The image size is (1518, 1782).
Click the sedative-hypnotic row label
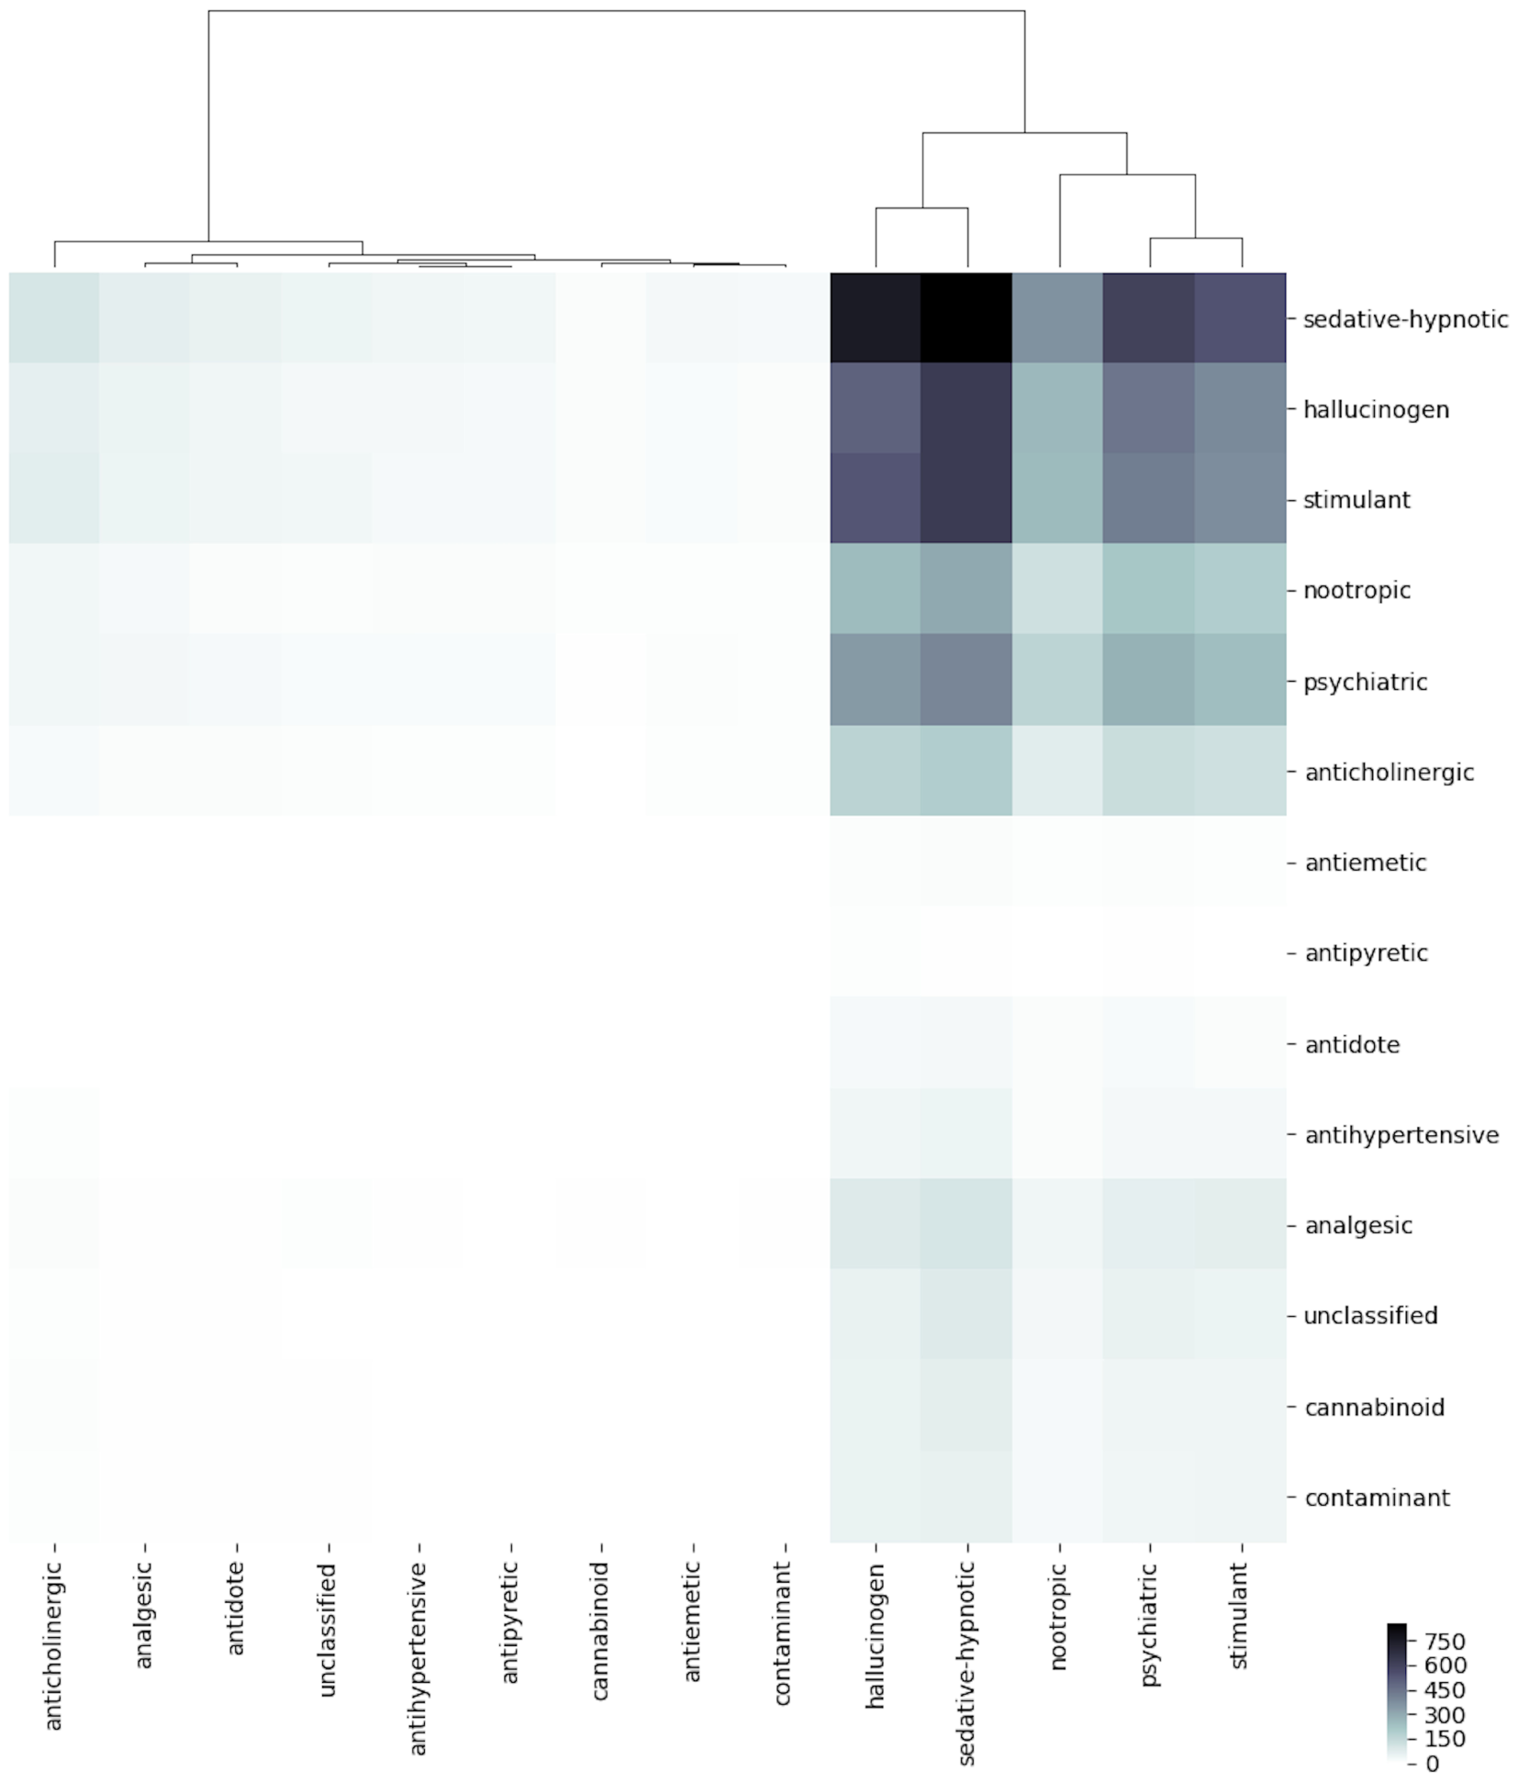(1404, 319)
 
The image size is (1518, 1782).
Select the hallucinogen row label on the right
(1375, 409)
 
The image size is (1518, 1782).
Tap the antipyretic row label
(1365, 953)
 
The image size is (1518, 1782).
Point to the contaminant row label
(1377, 1498)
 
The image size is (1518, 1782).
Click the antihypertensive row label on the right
(1401, 1135)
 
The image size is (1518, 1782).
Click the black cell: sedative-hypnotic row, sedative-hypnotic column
(966, 318)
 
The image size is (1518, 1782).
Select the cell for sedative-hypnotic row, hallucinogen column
(876, 318)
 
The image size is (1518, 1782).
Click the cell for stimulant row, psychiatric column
(1149, 499)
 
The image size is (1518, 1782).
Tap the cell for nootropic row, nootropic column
(1058, 589)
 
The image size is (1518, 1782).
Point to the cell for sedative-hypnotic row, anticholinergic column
(54, 318)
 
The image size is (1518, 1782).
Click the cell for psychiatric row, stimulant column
(1241, 680)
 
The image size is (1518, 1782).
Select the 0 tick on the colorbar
(1432, 1764)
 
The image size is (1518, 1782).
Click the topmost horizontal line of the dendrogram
(615, 11)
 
